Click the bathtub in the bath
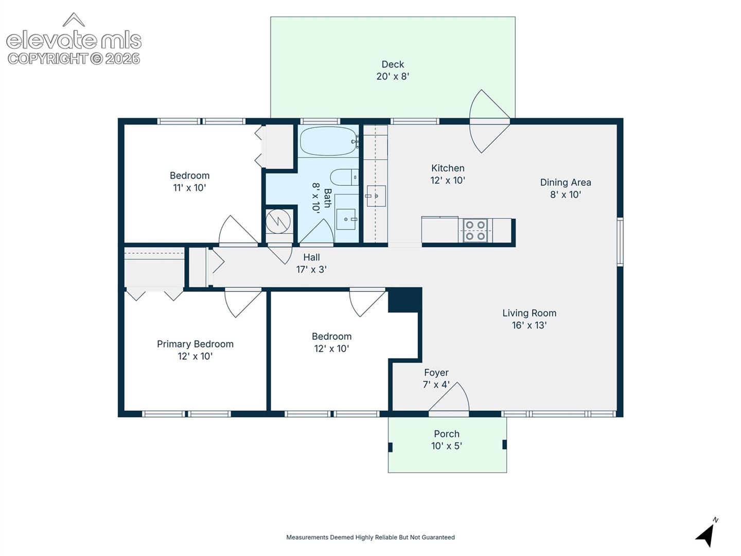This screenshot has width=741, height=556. point(329,141)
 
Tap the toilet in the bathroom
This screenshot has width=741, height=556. point(344,177)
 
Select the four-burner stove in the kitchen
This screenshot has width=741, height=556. point(475,230)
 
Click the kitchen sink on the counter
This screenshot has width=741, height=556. point(376,196)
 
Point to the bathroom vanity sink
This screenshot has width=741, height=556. point(346,219)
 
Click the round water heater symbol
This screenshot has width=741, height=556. point(278,221)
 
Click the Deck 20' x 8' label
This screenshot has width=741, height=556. point(393,70)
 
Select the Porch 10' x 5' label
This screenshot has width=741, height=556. point(446,440)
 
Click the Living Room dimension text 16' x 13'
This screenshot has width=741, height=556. point(529,325)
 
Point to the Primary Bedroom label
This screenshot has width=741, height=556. point(195,344)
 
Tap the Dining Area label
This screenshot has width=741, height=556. point(566,182)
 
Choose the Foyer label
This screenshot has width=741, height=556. point(436,372)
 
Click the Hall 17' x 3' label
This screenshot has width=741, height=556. point(311,263)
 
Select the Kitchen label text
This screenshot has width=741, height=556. point(448,168)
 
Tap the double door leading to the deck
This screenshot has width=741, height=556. point(489,121)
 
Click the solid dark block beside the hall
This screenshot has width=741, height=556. point(405,300)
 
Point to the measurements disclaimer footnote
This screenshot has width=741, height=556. point(370,537)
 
